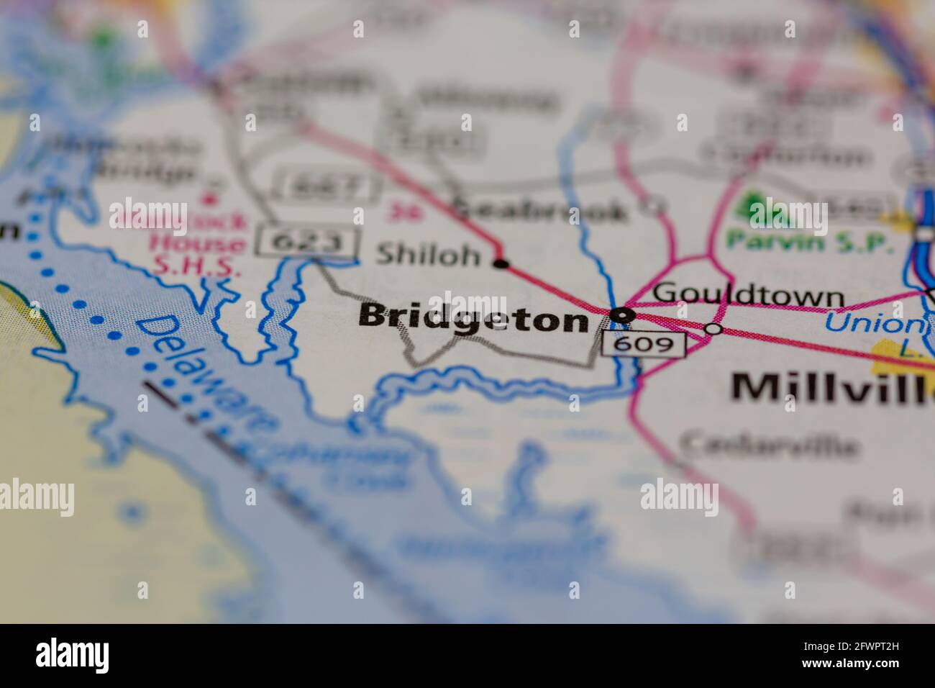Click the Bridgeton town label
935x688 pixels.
pos(473,317)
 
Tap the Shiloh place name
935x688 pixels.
pos(428,255)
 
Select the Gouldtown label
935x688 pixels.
pos(748,295)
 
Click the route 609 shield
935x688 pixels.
pos(643,345)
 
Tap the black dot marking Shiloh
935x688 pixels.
pos(501,264)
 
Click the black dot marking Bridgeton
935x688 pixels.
pos(620,314)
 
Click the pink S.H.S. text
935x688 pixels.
pos(196,266)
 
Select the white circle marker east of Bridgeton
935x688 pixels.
pos(713,329)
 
